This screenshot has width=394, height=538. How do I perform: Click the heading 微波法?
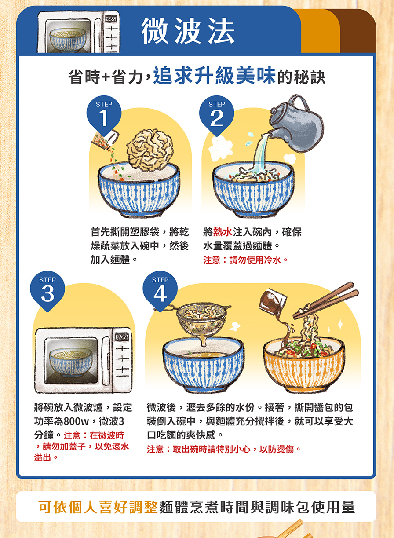click(x=187, y=31)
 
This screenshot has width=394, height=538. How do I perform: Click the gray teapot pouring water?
click(x=296, y=125)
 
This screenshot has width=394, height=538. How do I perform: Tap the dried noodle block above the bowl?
click(x=150, y=150)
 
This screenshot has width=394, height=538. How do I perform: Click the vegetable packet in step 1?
click(x=105, y=139)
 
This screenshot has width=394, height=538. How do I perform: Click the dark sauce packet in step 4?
click(x=273, y=301)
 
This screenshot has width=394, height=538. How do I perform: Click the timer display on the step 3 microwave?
click(x=122, y=337)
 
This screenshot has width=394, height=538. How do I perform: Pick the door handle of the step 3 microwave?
click(x=106, y=361)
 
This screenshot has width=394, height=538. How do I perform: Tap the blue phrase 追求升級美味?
click(x=215, y=75)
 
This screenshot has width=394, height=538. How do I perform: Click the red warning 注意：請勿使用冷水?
click(x=245, y=260)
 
